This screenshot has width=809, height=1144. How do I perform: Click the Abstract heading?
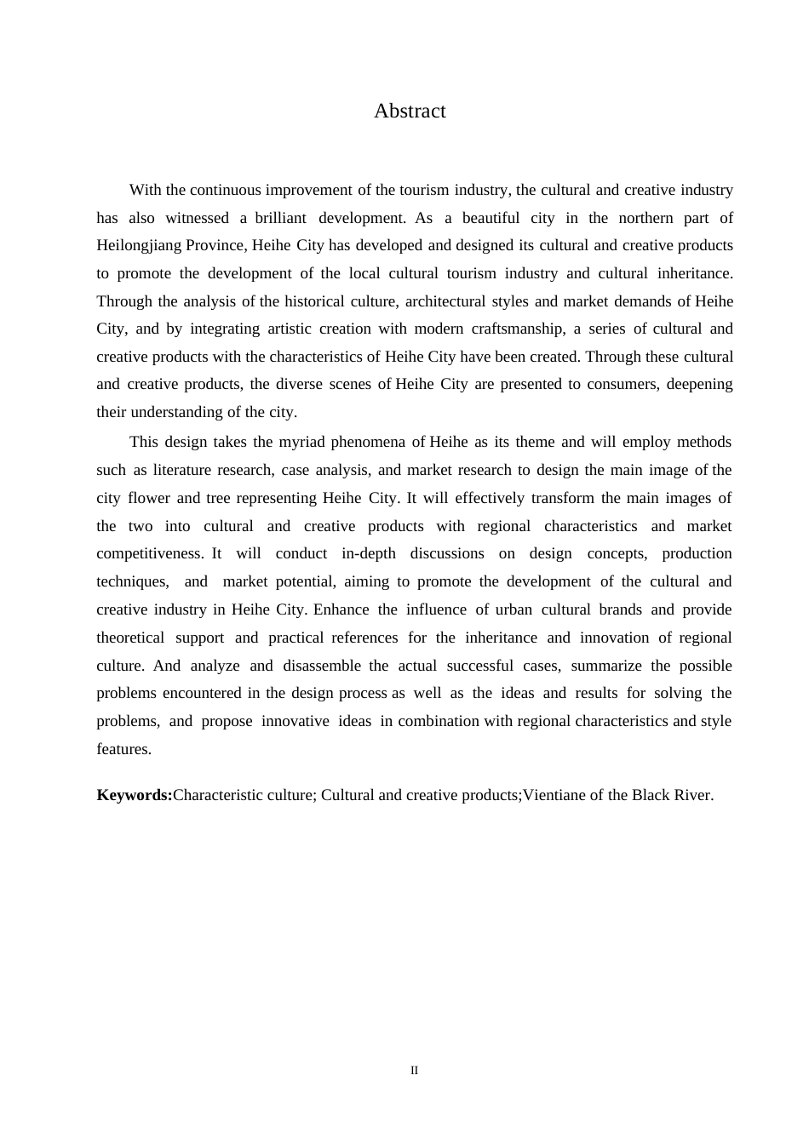coord(410,112)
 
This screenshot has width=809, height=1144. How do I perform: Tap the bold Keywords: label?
coord(135,795)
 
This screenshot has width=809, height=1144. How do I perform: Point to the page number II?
coord(415,1071)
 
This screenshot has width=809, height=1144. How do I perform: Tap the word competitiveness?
coord(149,553)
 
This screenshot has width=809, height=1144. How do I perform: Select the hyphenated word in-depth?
coord(369,553)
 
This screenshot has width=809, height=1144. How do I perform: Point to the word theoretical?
coord(130,638)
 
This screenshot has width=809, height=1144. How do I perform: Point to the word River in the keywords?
coord(691,795)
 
